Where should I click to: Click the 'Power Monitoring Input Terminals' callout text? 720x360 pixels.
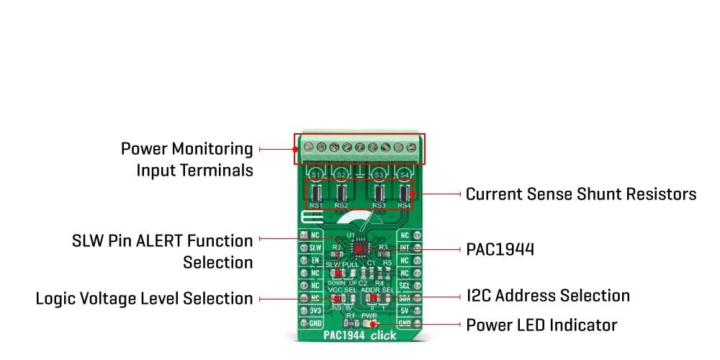187,159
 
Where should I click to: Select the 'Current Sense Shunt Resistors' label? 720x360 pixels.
581,194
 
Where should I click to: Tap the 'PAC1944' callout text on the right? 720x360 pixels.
500,248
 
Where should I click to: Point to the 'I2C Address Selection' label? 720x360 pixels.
548,295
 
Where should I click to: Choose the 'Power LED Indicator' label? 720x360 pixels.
541,325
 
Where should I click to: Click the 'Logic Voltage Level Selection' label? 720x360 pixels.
144,298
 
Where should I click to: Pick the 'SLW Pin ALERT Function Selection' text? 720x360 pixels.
163,251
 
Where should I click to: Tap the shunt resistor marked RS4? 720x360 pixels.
405,193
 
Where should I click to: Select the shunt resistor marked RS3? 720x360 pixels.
379,193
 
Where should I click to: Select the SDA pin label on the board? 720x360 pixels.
405,298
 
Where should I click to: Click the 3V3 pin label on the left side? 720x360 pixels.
315,311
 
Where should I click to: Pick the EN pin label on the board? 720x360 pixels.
315,261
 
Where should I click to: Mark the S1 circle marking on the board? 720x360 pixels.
315,174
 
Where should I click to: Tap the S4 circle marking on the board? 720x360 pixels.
405,174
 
